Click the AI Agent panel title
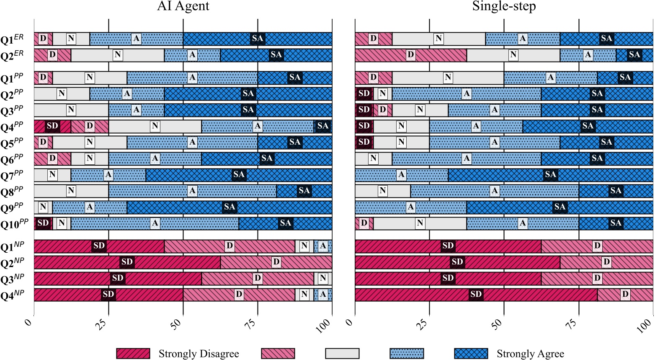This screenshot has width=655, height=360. click(183, 6)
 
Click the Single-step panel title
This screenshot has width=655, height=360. click(504, 6)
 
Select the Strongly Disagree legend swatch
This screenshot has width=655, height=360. click(133, 353)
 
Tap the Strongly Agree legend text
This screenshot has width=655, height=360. click(530, 354)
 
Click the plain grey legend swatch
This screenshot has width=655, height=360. click(342, 353)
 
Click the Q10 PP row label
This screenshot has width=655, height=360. click(14, 223)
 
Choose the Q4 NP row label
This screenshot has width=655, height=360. click(12, 295)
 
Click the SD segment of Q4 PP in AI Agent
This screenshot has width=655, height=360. click(52, 126)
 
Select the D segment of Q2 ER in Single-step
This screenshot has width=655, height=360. click(411, 55)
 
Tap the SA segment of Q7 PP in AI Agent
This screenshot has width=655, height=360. click(239, 175)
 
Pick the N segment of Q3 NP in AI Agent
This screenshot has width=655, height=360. click(322, 278)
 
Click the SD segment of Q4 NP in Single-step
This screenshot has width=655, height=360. click(476, 295)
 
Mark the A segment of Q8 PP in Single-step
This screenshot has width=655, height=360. click(495, 191)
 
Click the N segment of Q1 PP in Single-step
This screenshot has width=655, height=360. click(448, 78)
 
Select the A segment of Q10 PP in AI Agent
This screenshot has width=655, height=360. click(155, 223)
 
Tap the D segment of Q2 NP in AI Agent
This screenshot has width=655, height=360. click(276, 262)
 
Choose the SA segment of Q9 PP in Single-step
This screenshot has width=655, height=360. click(560, 207)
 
